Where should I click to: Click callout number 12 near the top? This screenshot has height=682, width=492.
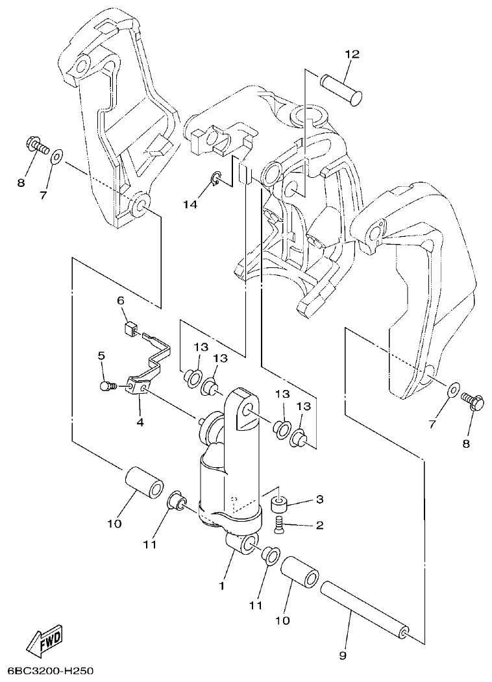(352, 55)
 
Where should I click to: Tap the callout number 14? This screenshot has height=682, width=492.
(189, 204)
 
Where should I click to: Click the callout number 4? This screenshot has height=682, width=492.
(140, 422)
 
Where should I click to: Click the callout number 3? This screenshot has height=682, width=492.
(319, 500)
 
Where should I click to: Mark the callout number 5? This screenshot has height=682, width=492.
(101, 356)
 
